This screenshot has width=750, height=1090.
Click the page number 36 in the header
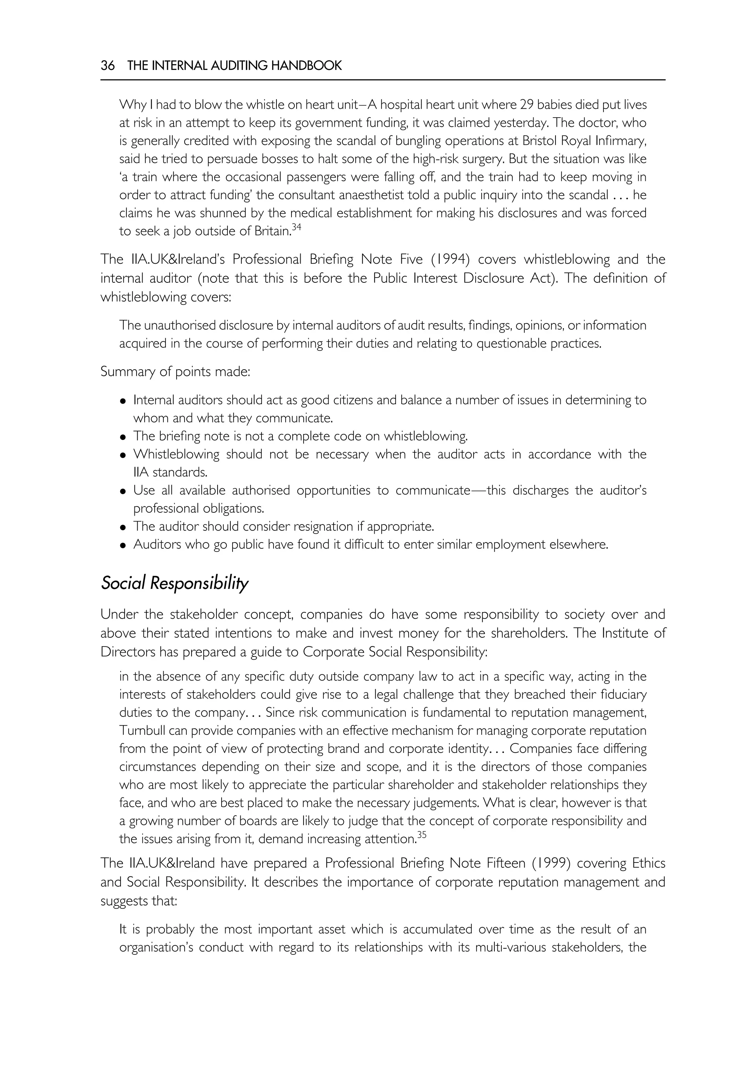tap(107, 66)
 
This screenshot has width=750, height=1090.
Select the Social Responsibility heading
tap(174, 583)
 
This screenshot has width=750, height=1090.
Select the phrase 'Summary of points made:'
tap(175, 372)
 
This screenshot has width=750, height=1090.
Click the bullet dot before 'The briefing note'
tap(123, 437)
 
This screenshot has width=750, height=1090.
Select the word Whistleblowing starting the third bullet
tap(176, 455)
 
